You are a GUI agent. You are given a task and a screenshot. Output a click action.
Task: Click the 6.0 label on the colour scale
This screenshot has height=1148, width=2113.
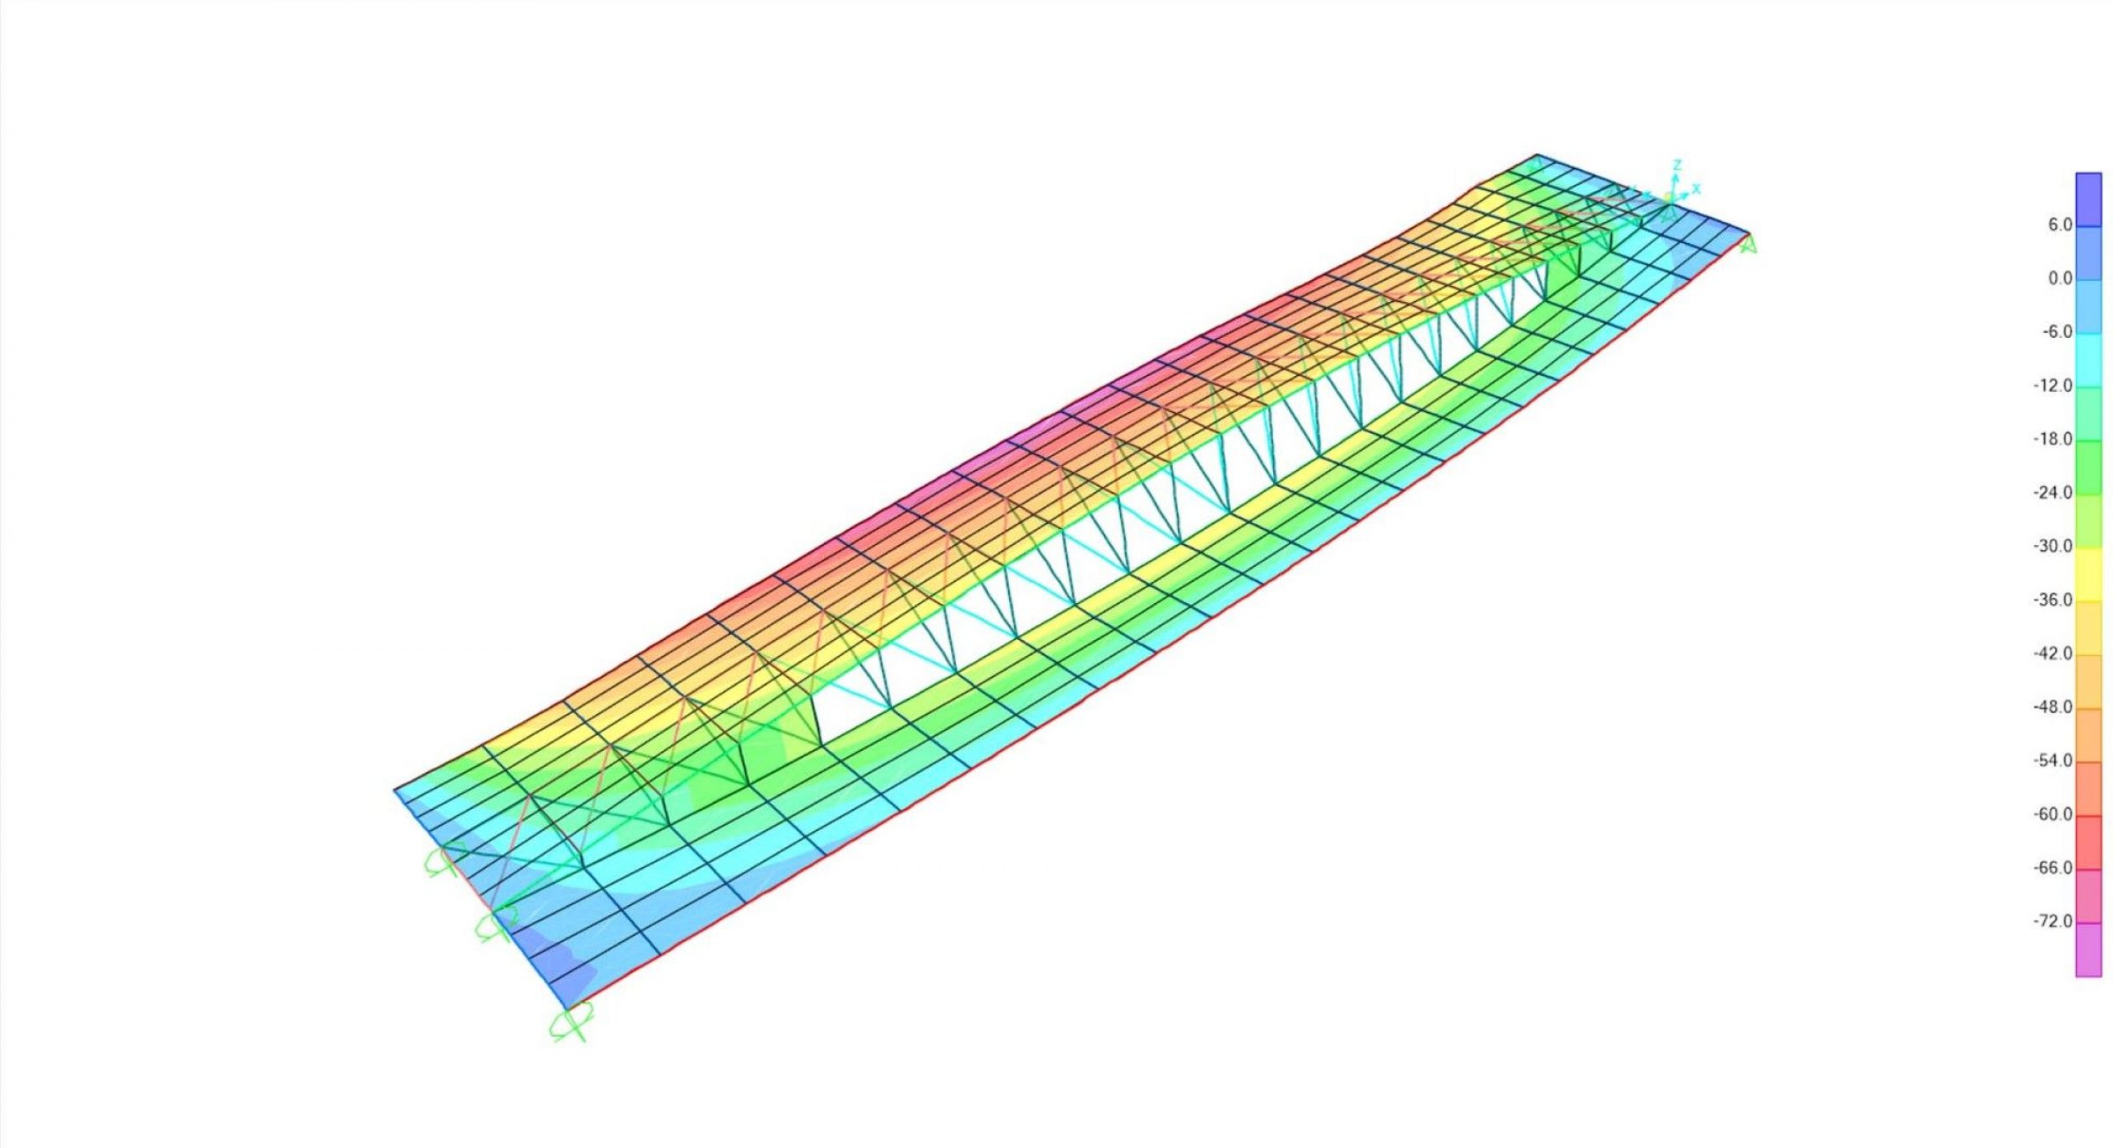tap(2059, 225)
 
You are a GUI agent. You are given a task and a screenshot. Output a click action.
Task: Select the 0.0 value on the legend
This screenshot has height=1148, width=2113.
tap(2059, 279)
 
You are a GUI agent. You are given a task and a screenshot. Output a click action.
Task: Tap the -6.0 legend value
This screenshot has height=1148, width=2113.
tap(2057, 332)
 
